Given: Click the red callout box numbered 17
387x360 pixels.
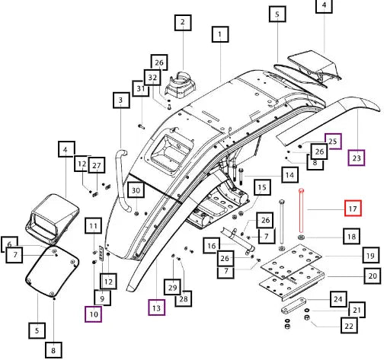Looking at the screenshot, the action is (353, 209).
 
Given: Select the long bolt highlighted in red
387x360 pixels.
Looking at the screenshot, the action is (301, 211).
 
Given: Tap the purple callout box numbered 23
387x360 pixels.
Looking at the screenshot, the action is (357, 158).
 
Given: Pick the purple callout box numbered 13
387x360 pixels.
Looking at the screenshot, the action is (157, 307).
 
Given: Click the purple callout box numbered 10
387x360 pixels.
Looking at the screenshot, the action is (94, 314).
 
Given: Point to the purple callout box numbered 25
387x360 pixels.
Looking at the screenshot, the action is (333, 142).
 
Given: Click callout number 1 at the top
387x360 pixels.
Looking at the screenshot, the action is (220, 34).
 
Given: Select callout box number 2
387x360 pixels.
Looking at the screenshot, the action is (183, 23).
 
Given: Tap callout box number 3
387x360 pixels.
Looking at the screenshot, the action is (121, 100).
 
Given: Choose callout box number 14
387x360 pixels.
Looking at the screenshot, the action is (289, 175).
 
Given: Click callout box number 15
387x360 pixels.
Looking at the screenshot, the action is (262, 187).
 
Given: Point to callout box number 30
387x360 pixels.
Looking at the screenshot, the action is (136, 190).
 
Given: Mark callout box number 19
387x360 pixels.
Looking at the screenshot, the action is (370, 255).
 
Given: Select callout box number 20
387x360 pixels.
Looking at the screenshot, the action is (373, 276).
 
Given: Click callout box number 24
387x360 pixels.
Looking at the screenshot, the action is (338, 299).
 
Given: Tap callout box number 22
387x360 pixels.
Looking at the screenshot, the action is (349, 326).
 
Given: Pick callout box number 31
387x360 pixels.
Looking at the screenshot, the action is (140, 88).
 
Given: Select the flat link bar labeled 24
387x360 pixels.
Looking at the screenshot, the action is (293, 306).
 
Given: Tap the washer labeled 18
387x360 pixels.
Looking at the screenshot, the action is (301, 237).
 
